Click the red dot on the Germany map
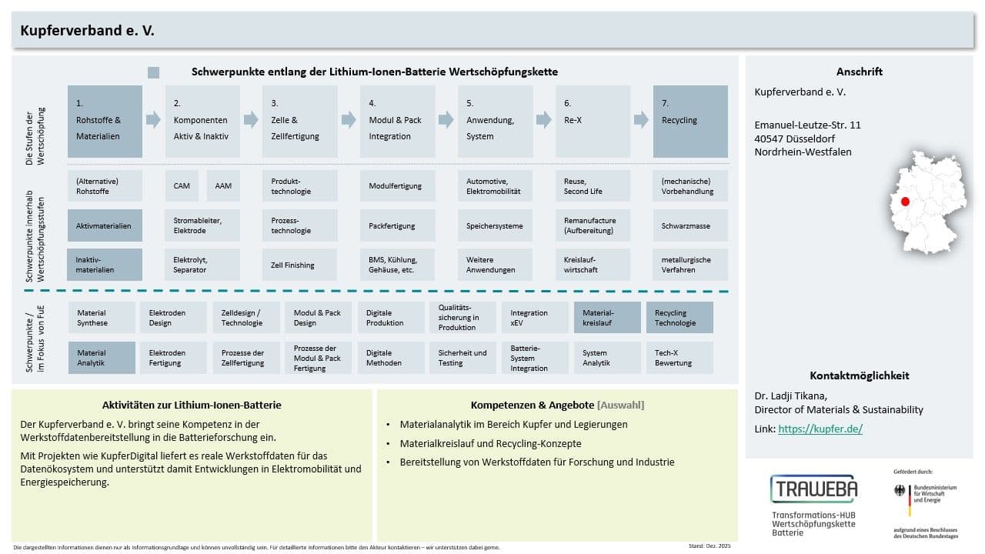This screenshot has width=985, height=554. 905,202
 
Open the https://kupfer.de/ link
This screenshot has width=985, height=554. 820,429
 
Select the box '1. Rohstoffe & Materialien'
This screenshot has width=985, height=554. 105,122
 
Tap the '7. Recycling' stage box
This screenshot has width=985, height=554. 690,122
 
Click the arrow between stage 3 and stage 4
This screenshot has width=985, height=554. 349,119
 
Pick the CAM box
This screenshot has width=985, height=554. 182,186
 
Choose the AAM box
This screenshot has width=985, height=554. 223,186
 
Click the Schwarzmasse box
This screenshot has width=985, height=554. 690,225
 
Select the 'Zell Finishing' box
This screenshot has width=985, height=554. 299,265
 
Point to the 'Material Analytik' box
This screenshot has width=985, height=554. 102,358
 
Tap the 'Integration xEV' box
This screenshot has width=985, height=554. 535,318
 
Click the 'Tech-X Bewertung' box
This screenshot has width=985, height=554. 679,358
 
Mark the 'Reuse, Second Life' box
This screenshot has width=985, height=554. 593,186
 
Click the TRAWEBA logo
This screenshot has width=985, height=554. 814,489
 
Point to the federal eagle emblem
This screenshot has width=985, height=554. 900,490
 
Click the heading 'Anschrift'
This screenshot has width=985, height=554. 860,72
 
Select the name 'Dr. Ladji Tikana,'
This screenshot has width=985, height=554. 790,395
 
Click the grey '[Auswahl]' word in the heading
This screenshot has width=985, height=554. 620,405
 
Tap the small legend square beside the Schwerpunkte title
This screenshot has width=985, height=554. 153,72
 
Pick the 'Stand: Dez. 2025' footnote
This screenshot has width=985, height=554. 710,546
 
